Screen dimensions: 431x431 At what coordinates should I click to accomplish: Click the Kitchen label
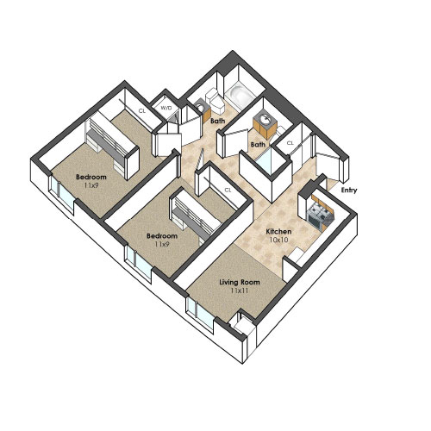(278, 231)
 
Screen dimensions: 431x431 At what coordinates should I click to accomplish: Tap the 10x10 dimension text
(278, 240)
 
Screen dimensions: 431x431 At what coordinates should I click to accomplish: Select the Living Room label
(240, 282)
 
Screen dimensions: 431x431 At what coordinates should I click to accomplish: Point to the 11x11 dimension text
(240, 290)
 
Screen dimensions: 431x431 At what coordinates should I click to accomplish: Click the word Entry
(349, 191)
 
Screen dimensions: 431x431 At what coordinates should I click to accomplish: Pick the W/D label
(166, 109)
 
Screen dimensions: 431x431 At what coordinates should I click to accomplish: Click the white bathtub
(240, 94)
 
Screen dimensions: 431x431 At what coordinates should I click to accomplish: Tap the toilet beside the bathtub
(215, 100)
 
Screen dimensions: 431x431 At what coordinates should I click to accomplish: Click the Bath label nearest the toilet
(218, 121)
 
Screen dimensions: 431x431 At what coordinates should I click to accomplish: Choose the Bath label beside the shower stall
(258, 145)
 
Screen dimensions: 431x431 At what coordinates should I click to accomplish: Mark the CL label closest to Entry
(290, 143)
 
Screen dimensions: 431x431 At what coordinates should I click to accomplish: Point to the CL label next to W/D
(142, 110)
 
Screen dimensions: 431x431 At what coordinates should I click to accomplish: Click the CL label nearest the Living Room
(228, 191)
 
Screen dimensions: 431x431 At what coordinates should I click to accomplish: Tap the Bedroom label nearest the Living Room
(162, 236)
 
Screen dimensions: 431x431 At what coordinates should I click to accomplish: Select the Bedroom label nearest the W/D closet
(91, 177)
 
